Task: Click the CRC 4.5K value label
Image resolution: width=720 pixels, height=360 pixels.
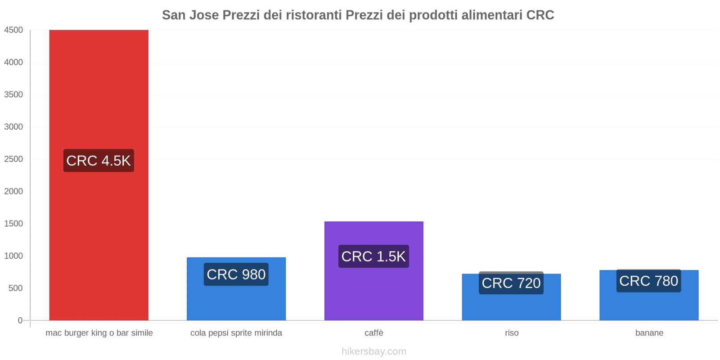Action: (x=99, y=161)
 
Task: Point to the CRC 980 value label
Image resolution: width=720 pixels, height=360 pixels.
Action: (x=236, y=274)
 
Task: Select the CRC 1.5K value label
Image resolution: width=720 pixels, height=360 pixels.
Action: (x=373, y=256)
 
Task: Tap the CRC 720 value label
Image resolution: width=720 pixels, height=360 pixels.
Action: (x=511, y=283)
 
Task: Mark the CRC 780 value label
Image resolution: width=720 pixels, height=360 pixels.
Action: (x=649, y=281)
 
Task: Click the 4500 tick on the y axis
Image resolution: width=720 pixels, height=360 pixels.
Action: (x=13, y=30)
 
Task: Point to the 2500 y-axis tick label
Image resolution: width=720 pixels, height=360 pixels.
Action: (x=13, y=159)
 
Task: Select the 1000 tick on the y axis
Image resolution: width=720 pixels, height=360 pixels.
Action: (x=13, y=256)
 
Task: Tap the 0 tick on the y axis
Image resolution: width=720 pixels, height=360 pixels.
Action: (x=20, y=320)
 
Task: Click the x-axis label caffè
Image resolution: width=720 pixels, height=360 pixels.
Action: (x=374, y=333)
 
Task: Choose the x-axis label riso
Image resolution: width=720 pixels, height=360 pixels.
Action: (x=512, y=333)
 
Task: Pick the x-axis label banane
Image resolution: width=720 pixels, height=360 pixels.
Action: (x=649, y=333)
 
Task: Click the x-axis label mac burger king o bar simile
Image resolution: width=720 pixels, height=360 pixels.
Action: (x=99, y=333)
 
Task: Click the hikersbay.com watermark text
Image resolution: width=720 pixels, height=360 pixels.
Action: (x=374, y=351)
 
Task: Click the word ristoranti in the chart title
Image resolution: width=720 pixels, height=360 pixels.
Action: (x=314, y=15)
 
